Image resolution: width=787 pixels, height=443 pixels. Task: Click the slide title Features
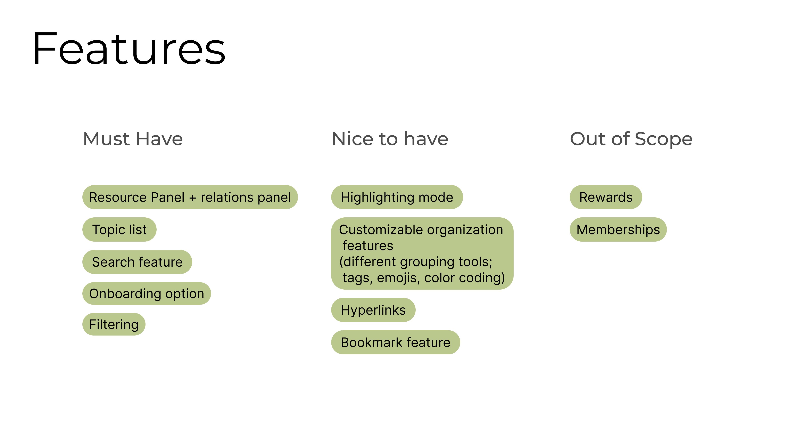pos(129,49)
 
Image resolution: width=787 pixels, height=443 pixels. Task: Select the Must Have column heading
pos(133,139)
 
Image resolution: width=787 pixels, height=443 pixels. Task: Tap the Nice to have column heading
pos(390,139)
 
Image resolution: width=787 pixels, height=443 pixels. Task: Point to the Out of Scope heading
pos(631,139)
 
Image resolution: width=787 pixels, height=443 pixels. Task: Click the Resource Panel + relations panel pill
pos(190,197)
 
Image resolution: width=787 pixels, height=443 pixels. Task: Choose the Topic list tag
pos(119,230)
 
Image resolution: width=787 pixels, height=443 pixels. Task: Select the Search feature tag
pos(137,262)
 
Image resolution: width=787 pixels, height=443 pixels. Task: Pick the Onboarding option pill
pos(147,293)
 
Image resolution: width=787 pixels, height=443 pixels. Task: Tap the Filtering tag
pos(114,324)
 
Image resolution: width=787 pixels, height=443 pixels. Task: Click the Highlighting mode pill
pos(397,197)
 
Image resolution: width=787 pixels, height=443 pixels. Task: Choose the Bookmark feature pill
pos(395,343)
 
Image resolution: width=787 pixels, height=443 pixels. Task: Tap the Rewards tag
pos(606,197)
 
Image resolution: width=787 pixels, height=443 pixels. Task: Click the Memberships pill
pos(618,230)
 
